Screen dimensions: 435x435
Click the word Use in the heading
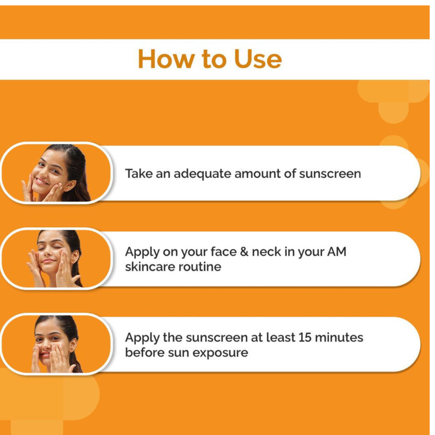pyautogui.click(x=258, y=59)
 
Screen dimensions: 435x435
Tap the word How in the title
pyautogui.click(x=166, y=59)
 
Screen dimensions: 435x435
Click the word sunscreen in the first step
pyautogui.click(x=330, y=174)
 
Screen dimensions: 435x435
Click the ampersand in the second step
pyautogui.click(x=244, y=252)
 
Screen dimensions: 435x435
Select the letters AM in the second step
pyautogui.click(x=337, y=252)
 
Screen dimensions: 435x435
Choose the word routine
pyautogui.click(x=199, y=267)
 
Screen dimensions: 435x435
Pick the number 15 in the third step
pyautogui.click(x=305, y=338)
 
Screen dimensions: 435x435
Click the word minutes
pyautogui.click(x=339, y=338)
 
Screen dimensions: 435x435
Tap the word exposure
pyautogui.click(x=220, y=353)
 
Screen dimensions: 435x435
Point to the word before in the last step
pyautogui.click(x=145, y=353)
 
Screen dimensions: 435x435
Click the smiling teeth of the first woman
pyautogui.click(x=41, y=181)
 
